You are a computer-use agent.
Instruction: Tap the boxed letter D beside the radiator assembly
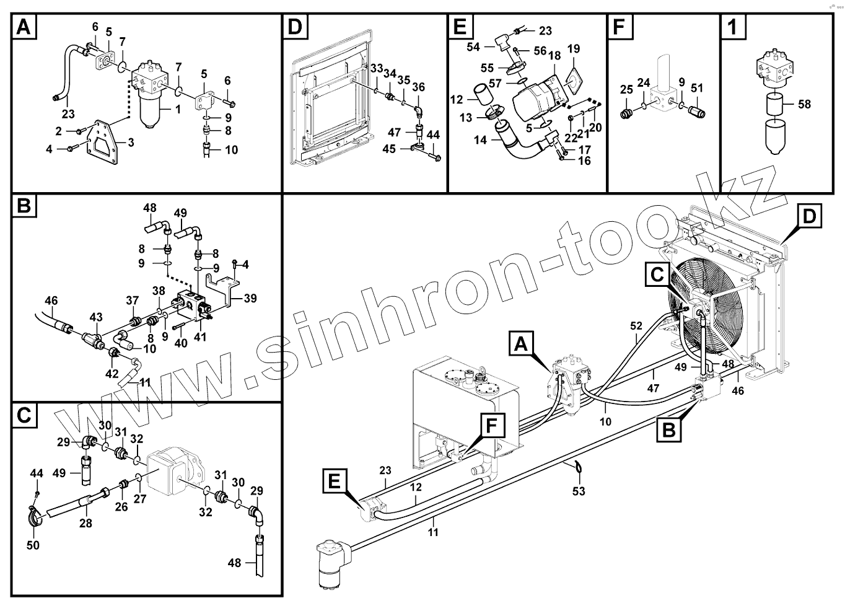809,217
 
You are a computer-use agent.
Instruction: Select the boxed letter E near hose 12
334,481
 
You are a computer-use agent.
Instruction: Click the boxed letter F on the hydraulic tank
491,427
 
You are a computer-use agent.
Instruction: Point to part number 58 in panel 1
804,104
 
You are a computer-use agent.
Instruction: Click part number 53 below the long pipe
579,491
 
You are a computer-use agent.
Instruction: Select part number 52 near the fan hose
637,325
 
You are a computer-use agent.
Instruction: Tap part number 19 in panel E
573,49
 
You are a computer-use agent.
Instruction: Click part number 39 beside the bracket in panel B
250,299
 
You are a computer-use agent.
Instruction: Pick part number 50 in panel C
33,545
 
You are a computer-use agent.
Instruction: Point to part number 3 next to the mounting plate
131,143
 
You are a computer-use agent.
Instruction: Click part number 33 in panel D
377,69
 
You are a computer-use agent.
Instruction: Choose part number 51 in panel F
698,88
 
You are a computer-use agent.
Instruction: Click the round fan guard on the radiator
703,301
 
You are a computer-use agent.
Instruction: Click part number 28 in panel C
85,524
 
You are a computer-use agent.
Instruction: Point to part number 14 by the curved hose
481,141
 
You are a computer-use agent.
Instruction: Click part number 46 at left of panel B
51,301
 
